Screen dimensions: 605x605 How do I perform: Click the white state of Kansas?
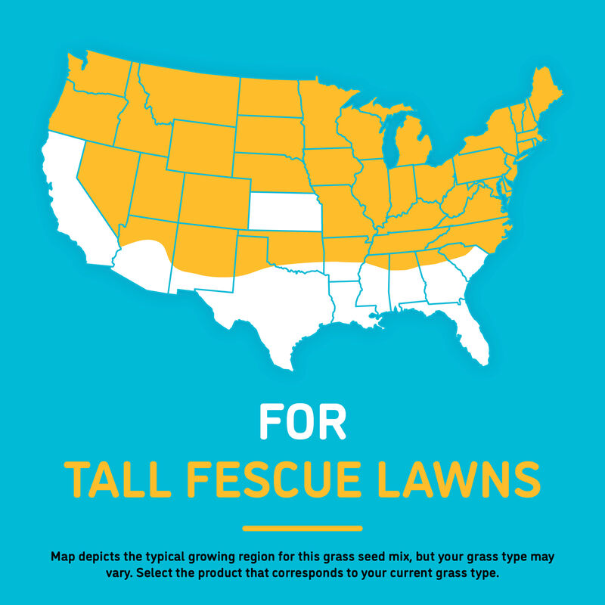[x=284, y=211]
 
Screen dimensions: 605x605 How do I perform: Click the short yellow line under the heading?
[x=302, y=528]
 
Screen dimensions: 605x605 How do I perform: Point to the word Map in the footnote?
[x=63, y=557]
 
